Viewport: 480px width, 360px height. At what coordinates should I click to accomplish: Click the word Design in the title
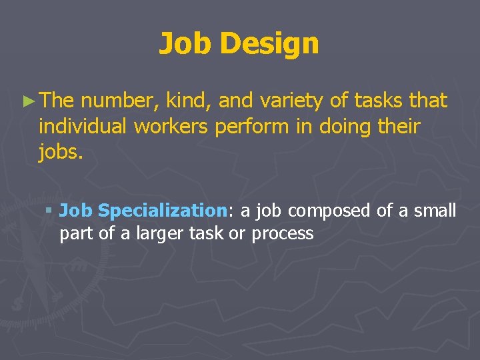click(x=269, y=44)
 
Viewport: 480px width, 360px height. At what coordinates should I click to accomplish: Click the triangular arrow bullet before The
click(x=27, y=101)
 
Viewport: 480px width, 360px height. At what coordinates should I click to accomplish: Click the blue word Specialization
click(x=163, y=211)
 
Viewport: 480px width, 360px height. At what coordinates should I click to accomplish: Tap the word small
click(x=435, y=211)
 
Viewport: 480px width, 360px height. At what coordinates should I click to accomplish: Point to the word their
click(x=398, y=126)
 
